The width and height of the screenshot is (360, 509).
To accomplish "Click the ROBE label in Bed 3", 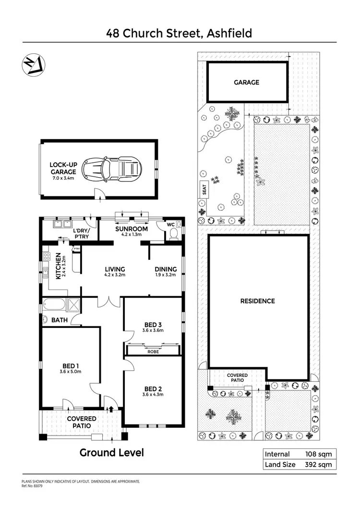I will pyautogui.click(x=153, y=351).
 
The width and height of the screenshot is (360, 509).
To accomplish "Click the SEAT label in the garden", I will pyautogui.click(x=204, y=191).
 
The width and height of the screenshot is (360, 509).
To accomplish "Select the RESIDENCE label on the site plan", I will pyautogui.click(x=258, y=301).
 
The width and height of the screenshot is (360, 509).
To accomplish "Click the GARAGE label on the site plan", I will pyautogui.click(x=246, y=82).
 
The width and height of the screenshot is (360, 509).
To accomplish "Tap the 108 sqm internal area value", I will pyautogui.click(x=319, y=454).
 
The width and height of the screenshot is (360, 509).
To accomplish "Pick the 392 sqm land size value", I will pyautogui.click(x=319, y=464).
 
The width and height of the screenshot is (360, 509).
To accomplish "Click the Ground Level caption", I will pyautogui.click(x=111, y=452).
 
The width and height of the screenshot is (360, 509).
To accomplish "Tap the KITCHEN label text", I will pyautogui.click(x=59, y=266).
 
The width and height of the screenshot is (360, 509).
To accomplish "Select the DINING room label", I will pyautogui.click(x=166, y=269).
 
